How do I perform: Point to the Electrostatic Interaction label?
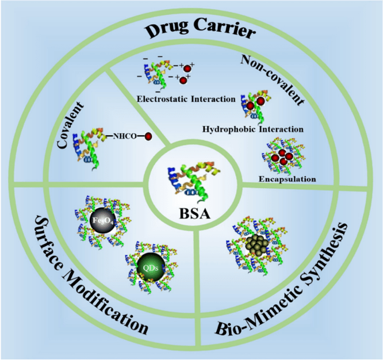pos(186,99)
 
